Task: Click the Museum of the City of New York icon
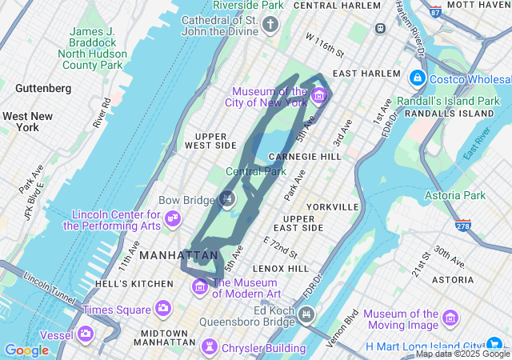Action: tap(319, 97)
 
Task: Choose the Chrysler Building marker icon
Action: tap(210, 348)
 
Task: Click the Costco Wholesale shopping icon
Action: tap(416, 78)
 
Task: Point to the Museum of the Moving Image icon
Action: tap(450, 319)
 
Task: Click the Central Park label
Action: tap(255, 171)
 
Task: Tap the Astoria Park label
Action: tap(456, 195)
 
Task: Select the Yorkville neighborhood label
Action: tap(331, 206)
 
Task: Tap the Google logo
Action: tap(26, 350)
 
